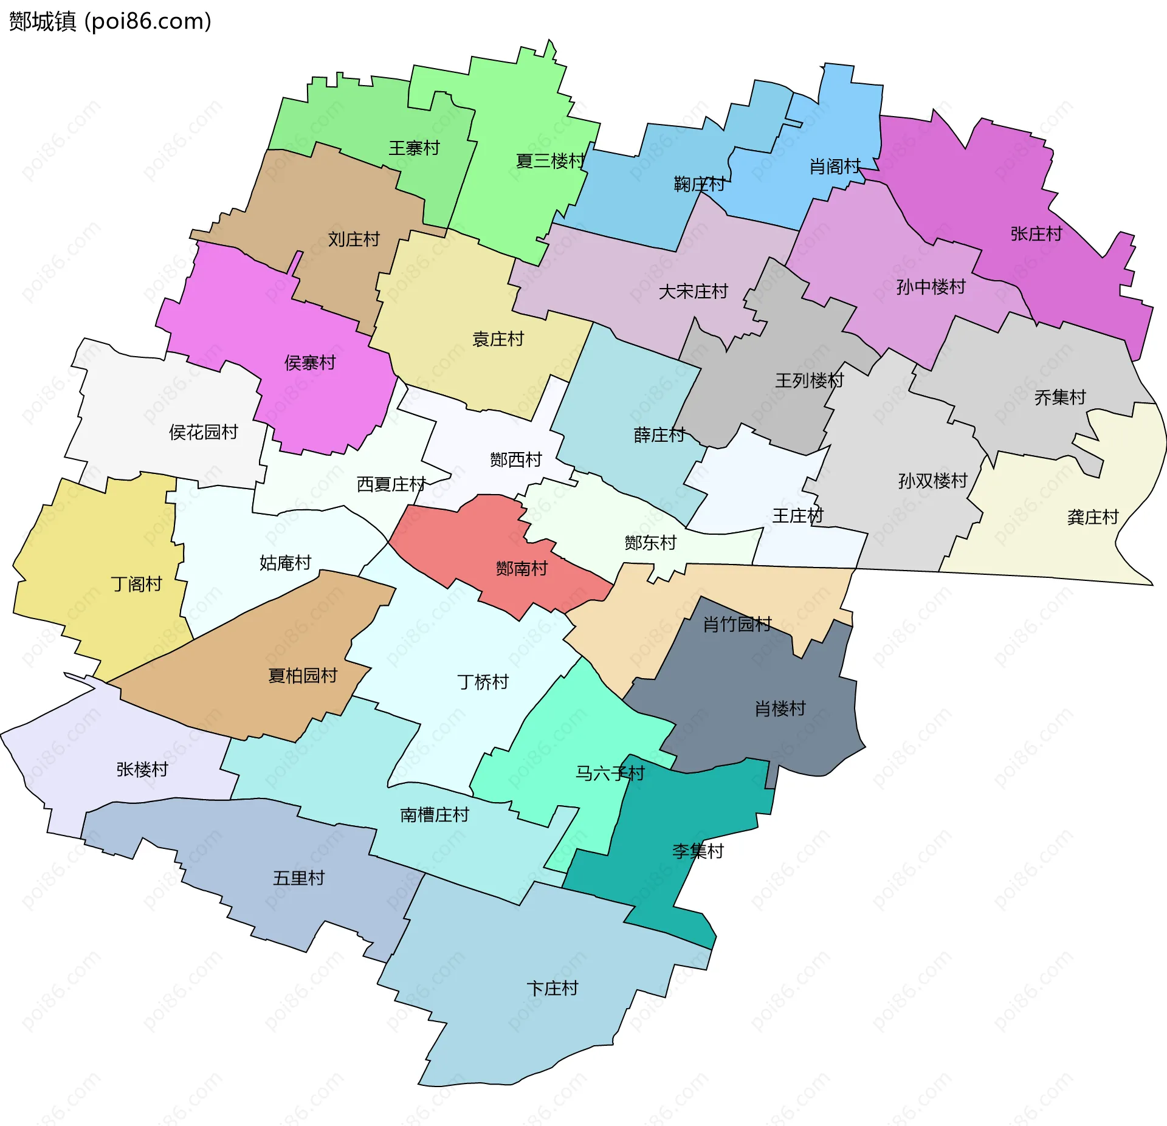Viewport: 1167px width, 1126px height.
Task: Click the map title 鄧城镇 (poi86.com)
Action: point(110,21)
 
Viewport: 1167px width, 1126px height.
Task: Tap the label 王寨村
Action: point(414,148)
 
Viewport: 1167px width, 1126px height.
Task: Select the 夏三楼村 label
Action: point(550,161)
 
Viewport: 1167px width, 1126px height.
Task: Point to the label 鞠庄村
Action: point(699,184)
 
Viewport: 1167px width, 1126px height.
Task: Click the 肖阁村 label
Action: point(835,166)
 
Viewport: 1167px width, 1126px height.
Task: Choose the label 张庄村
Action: point(1036,233)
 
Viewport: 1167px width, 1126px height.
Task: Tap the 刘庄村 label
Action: point(354,239)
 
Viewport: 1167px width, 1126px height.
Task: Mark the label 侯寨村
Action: point(310,363)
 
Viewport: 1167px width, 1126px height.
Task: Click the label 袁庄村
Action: point(498,339)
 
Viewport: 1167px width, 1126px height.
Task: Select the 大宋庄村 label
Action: point(693,292)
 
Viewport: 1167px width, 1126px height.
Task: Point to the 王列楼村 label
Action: point(809,380)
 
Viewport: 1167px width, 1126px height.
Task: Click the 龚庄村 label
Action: point(1093,517)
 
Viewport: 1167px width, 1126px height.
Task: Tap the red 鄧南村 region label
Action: point(522,568)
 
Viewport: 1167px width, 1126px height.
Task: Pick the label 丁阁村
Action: point(136,584)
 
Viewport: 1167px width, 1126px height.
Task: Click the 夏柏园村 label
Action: point(303,675)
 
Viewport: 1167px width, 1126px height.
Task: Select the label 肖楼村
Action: point(780,708)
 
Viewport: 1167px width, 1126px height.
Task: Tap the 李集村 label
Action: point(698,851)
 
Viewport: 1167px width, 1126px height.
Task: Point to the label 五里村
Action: point(298,878)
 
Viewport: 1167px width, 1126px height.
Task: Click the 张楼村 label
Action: point(142,769)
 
